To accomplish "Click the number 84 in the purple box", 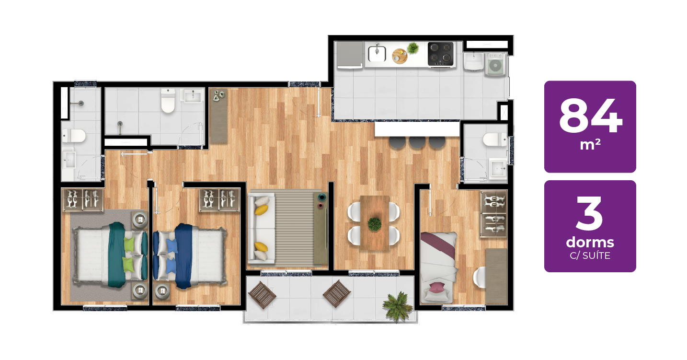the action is click(x=590, y=116).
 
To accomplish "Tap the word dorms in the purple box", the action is click(x=590, y=243).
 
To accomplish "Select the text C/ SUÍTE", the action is click(x=590, y=255).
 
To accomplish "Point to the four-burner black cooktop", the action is click(x=440, y=54).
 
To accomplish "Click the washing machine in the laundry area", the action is click(x=495, y=64).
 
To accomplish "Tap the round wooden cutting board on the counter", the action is click(x=400, y=56).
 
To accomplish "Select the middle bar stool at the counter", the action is click(x=417, y=142).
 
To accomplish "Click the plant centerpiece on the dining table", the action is click(x=375, y=224).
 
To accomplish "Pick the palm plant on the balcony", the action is click(x=398, y=306).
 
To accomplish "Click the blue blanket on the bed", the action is click(x=183, y=256).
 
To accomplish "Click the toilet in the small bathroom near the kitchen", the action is click(x=495, y=139).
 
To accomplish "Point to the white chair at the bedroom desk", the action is click(x=480, y=277).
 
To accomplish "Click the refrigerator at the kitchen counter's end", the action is click(x=350, y=55).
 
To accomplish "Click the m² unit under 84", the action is click(x=590, y=145).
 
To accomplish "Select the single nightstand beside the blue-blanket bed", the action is click(x=162, y=291).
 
